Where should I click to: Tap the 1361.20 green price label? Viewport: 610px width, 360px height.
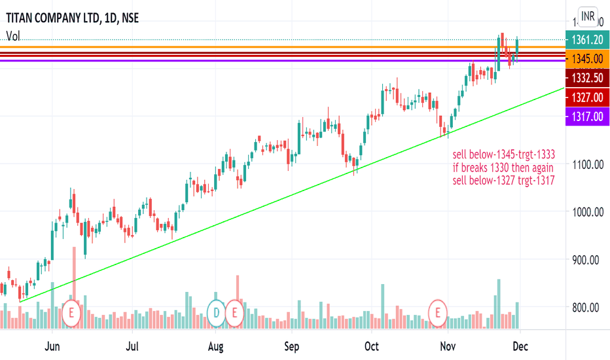586,40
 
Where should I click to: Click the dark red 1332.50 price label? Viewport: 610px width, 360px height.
586,79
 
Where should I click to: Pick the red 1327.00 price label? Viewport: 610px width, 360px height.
586,98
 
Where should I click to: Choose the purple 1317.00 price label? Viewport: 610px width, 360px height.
586,117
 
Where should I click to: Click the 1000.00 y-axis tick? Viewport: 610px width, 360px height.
586,212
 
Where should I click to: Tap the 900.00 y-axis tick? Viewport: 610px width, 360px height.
586,260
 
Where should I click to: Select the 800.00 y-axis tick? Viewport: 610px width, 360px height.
586,307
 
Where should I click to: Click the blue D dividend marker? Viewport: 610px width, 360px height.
216,312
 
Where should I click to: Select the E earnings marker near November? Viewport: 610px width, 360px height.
438,312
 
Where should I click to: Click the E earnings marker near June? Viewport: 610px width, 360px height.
71,312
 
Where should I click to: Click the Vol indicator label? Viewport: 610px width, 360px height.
13,37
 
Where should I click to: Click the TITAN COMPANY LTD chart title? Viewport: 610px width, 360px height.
53,20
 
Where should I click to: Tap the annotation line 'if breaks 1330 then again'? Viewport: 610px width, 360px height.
503,168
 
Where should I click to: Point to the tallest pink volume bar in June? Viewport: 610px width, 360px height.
75,275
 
